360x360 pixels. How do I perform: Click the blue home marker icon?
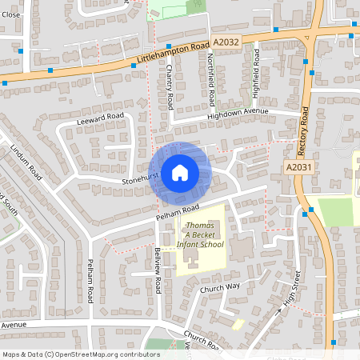pos(180,172)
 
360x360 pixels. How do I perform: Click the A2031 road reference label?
pos(298,167)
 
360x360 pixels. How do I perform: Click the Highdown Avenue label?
pos(237,113)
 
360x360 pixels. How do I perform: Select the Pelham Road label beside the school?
pos(177,212)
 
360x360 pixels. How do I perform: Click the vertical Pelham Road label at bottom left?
pos(90,280)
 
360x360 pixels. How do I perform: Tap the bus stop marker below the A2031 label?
pos(307,212)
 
